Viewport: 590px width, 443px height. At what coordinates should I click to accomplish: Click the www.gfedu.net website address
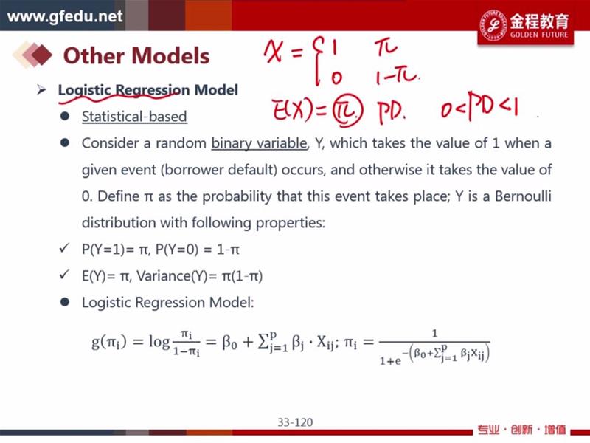point(65,16)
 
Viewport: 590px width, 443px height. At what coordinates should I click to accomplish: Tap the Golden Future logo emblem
point(493,25)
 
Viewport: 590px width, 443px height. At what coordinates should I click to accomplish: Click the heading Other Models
point(136,56)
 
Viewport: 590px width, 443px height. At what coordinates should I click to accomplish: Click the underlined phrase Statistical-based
point(134,117)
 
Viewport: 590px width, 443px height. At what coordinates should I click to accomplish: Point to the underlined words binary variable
point(259,143)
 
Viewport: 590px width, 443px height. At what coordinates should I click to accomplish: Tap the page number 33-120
point(295,422)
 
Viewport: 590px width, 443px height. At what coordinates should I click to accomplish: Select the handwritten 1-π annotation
point(397,77)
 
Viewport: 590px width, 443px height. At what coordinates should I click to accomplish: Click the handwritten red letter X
point(273,52)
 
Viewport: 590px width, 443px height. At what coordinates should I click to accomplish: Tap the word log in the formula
point(159,342)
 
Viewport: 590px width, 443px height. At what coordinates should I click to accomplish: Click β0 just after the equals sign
point(229,343)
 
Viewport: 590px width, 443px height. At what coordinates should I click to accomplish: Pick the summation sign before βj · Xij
point(263,343)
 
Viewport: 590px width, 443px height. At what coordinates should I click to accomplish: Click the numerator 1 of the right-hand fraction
point(434,333)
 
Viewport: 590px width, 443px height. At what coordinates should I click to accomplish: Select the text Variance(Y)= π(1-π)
point(199,276)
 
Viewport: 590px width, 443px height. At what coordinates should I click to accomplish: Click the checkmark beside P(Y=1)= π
point(64,248)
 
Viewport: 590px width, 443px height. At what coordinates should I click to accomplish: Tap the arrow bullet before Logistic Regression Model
point(41,89)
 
